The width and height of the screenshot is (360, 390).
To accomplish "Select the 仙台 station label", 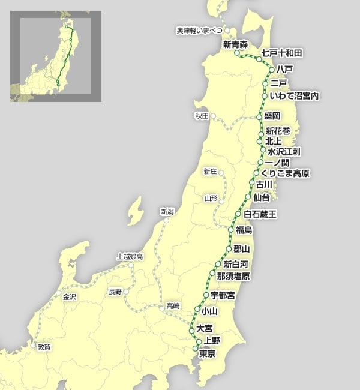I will (x=262, y=196).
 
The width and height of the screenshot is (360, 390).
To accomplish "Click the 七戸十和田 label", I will (x=282, y=53).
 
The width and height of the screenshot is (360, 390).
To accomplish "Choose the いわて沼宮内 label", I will (x=294, y=96).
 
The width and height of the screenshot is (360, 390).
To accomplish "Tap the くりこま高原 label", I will (x=285, y=173).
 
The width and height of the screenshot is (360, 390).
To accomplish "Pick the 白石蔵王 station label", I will (x=261, y=214).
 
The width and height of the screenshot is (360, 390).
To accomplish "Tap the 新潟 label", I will (x=167, y=211).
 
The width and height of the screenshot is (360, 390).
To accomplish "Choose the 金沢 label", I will (x=69, y=296).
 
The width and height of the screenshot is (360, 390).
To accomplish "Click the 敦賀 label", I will (x=44, y=347).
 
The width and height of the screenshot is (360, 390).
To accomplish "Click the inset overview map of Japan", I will (x=56, y=56).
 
